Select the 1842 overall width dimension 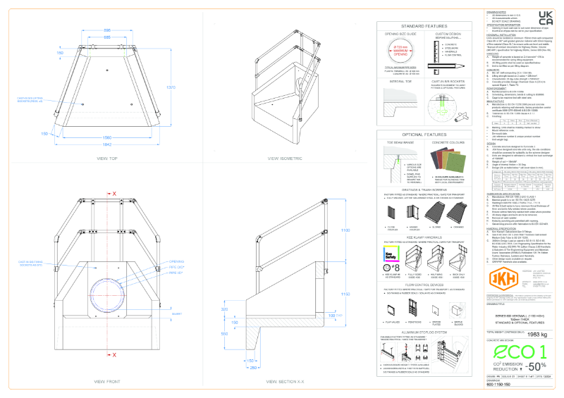point(106,144)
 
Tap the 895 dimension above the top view point(106,30)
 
